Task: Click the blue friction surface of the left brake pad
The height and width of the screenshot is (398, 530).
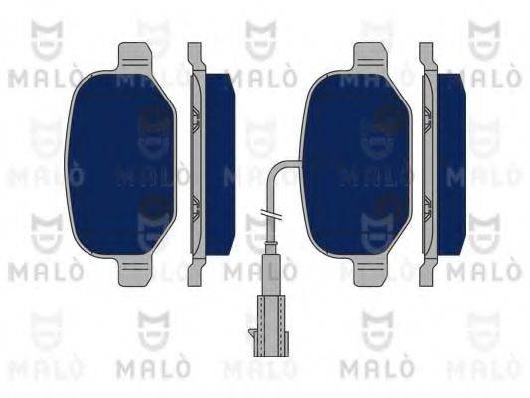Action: pos(123,159)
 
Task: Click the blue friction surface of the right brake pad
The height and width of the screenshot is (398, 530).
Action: pos(356,159)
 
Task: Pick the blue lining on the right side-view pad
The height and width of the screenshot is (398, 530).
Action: pos(451,159)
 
